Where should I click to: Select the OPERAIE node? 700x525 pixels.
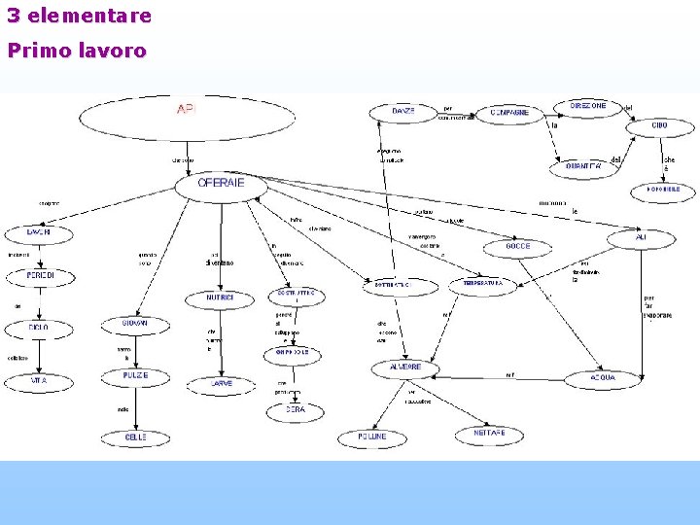tap(221, 184)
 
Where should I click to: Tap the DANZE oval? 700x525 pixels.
tap(402, 113)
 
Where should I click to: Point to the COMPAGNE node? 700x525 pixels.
tap(509, 113)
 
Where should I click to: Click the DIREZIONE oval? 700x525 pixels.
tap(588, 106)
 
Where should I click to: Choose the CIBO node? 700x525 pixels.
tap(659, 126)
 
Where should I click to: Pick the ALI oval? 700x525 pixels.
tap(641, 237)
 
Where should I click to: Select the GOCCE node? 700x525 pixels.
tap(518, 247)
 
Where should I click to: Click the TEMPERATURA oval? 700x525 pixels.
tap(483, 284)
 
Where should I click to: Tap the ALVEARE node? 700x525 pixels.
tap(405, 368)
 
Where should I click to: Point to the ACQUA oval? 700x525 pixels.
tap(603, 377)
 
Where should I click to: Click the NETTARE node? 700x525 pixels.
tap(489, 436)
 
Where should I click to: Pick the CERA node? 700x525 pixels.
tap(295, 410)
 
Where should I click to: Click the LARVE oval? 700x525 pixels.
tap(222, 384)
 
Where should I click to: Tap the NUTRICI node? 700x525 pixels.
tap(222, 297)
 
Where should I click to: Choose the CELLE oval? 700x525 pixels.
tap(135, 437)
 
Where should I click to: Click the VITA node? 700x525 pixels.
tap(39, 381)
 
